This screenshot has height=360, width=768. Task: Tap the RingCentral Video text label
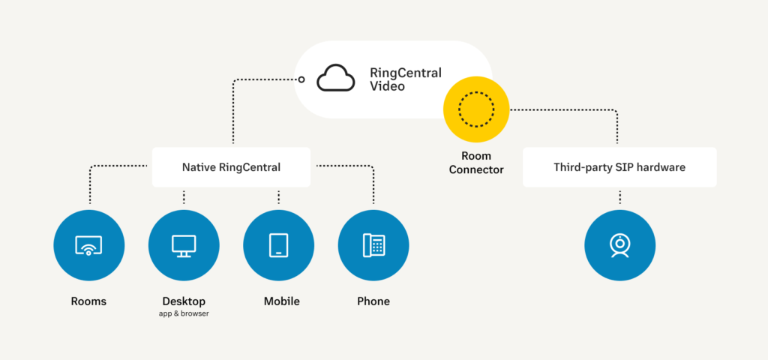click(405, 79)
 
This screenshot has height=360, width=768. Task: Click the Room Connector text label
click(476, 163)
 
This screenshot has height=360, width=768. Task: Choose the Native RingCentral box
click(231, 167)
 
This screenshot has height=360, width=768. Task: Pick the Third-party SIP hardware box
click(619, 167)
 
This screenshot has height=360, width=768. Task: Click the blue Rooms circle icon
click(88, 245)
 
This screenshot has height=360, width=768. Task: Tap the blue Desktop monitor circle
click(184, 245)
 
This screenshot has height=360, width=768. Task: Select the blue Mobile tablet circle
click(278, 245)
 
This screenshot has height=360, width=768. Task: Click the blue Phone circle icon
click(373, 245)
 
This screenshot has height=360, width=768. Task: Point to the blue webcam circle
click(619, 245)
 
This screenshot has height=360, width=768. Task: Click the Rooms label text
click(88, 301)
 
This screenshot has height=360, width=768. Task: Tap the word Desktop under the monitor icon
click(184, 301)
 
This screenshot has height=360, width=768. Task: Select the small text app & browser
click(184, 314)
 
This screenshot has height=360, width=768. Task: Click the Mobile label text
click(281, 301)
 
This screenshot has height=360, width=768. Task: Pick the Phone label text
click(373, 301)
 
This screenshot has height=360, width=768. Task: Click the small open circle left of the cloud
click(301, 79)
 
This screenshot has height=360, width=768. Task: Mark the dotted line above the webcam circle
click(619, 197)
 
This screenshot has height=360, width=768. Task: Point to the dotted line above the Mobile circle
click(278, 197)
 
